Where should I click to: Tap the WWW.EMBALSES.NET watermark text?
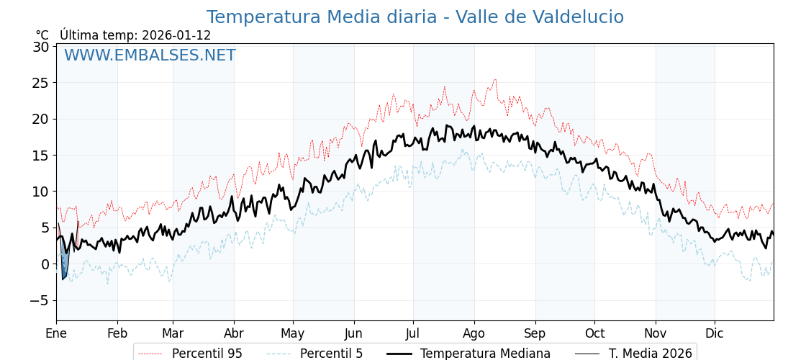(x=150, y=55)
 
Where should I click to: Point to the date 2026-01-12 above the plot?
(x=176, y=35)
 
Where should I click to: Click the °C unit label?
(x=42, y=35)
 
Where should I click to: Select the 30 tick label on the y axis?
(x=40, y=47)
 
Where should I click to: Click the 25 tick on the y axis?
(x=40, y=83)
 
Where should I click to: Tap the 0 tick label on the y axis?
(x=45, y=264)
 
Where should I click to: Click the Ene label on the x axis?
(x=56, y=333)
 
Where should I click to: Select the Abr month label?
(x=234, y=333)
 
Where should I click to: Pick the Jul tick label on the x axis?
(x=413, y=333)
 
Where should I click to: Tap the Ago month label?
(x=474, y=333)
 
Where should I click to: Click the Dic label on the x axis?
(x=715, y=333)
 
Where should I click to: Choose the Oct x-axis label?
(x=594, y=333)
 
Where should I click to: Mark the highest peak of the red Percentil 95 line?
(x=494, y=79)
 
